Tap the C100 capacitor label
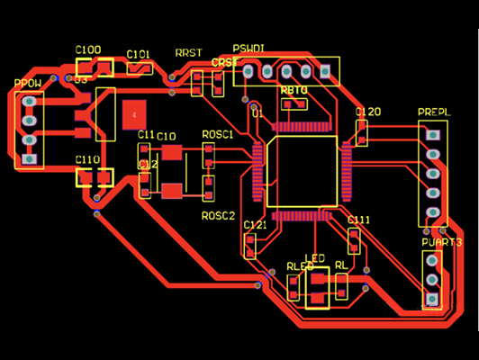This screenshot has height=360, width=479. [x=88, y=49]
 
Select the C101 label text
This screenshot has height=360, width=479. [x=139, y=54]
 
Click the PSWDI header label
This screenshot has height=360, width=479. [x=249, y=47]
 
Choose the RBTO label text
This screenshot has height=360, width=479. [x=294, y=91]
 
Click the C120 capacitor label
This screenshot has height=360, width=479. [x=368, y=112]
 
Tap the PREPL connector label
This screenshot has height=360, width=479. [x=433, y=112]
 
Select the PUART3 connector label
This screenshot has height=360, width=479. [x=441, y=243]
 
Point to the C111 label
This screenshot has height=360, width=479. [x=358, y=220]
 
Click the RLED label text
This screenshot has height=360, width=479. [x=299, y=267]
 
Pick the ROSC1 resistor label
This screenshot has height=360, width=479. [x=218, y=134]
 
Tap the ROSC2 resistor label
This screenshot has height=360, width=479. [x=218, y=216]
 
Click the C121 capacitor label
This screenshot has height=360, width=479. [x=255, y=224]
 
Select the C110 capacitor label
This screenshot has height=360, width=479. [x=87, y=159]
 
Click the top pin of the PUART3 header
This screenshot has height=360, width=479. [x=432, y=262]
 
